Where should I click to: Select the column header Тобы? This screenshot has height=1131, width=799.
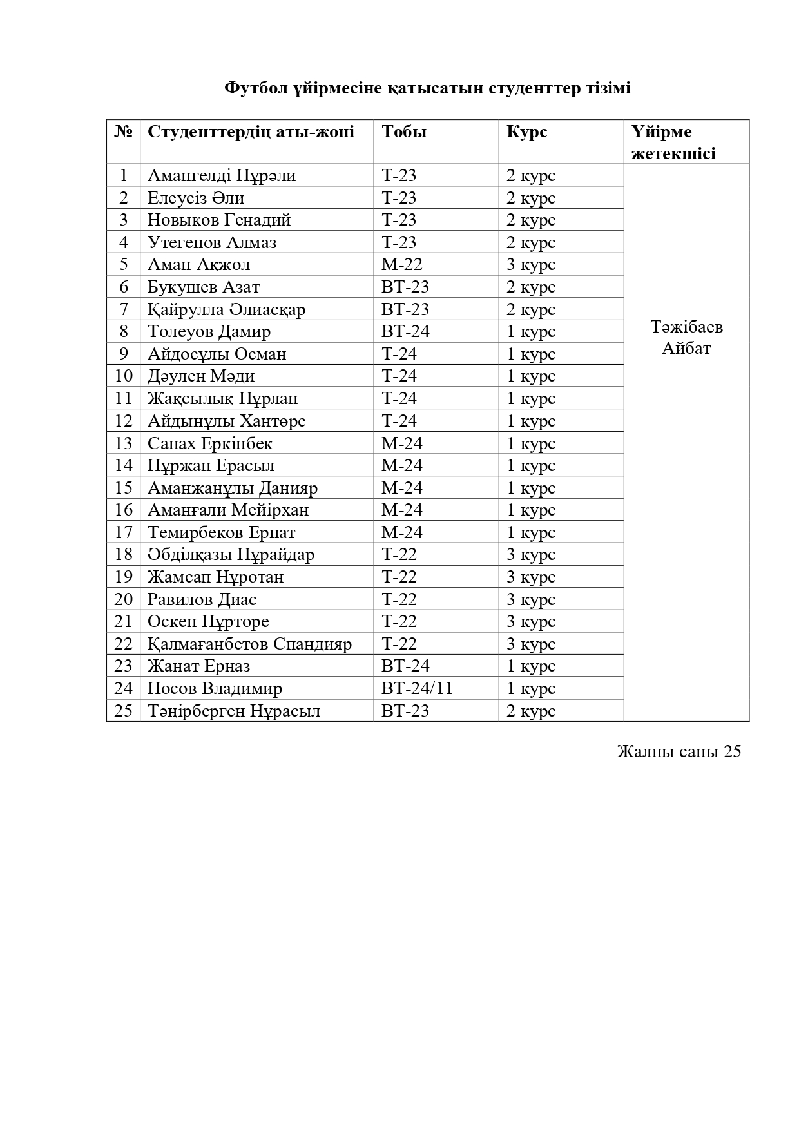pyautogui.click(x=404, y=131)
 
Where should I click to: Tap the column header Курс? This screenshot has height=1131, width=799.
pyautogui.click(x=526, y=131)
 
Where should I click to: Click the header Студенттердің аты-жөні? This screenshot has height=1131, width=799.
pyautogui.click(x=251, y=131)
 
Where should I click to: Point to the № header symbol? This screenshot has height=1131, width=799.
pyautogui.click(x=123, y=131)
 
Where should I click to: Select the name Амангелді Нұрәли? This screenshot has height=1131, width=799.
pyautogui.click(x=222, y=175)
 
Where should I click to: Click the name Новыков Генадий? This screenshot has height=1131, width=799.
pyautogui.click(x=219, y=220)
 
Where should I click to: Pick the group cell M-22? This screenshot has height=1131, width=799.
pyautogui.click(x=401, y=264)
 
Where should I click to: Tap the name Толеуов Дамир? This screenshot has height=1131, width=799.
pyautogui.click(x=209, y=331)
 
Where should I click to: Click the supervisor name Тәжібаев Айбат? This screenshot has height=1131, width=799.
pyautogui.click(x=686, y=338)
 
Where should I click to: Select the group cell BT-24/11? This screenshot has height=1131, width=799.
pyautogui.click(x=417, y=688)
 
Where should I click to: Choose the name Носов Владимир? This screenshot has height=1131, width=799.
pyautogui.click(x=215, y=688)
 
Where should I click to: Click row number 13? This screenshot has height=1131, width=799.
pyautogui.click(x=123, y=443)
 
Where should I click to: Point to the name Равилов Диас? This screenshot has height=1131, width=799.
pyautogui.click(x=202, y=599)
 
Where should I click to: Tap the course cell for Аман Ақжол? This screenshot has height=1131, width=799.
pyautogui.click(x=530, y=264)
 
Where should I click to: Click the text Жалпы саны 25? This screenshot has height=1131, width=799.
pyautogui.click(x=679, y=751)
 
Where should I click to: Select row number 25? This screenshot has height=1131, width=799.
pyautogui.click(x=123, y=711)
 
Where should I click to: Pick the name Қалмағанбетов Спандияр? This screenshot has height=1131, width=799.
pyautogui.click(x=249, y=644)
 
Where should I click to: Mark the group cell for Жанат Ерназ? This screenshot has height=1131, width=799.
pyautogui.click(x=405, y=666)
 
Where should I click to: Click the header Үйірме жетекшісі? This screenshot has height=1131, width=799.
pyautogui.click(x=673, y=142)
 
